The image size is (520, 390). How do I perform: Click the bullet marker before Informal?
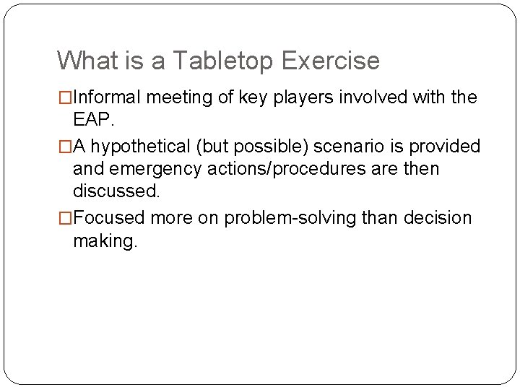(65, 97)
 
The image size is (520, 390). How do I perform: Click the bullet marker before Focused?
(65, 218)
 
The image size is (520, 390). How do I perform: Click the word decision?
(438, 218)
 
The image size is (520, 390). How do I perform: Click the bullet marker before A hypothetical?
(65, 147)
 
